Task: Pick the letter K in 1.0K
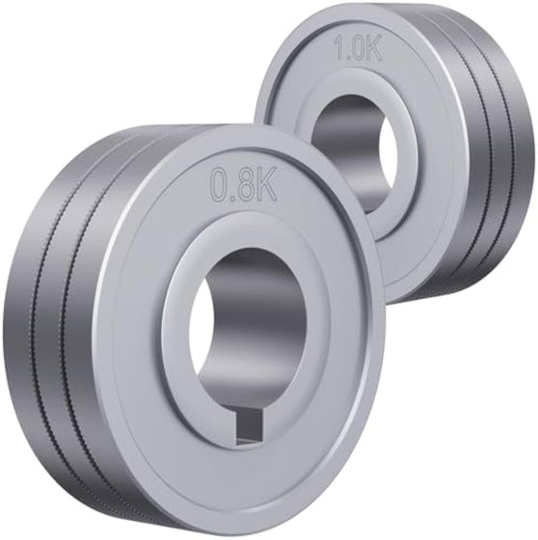(x=372, y=50)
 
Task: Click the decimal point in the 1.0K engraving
(x=347, y=59)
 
